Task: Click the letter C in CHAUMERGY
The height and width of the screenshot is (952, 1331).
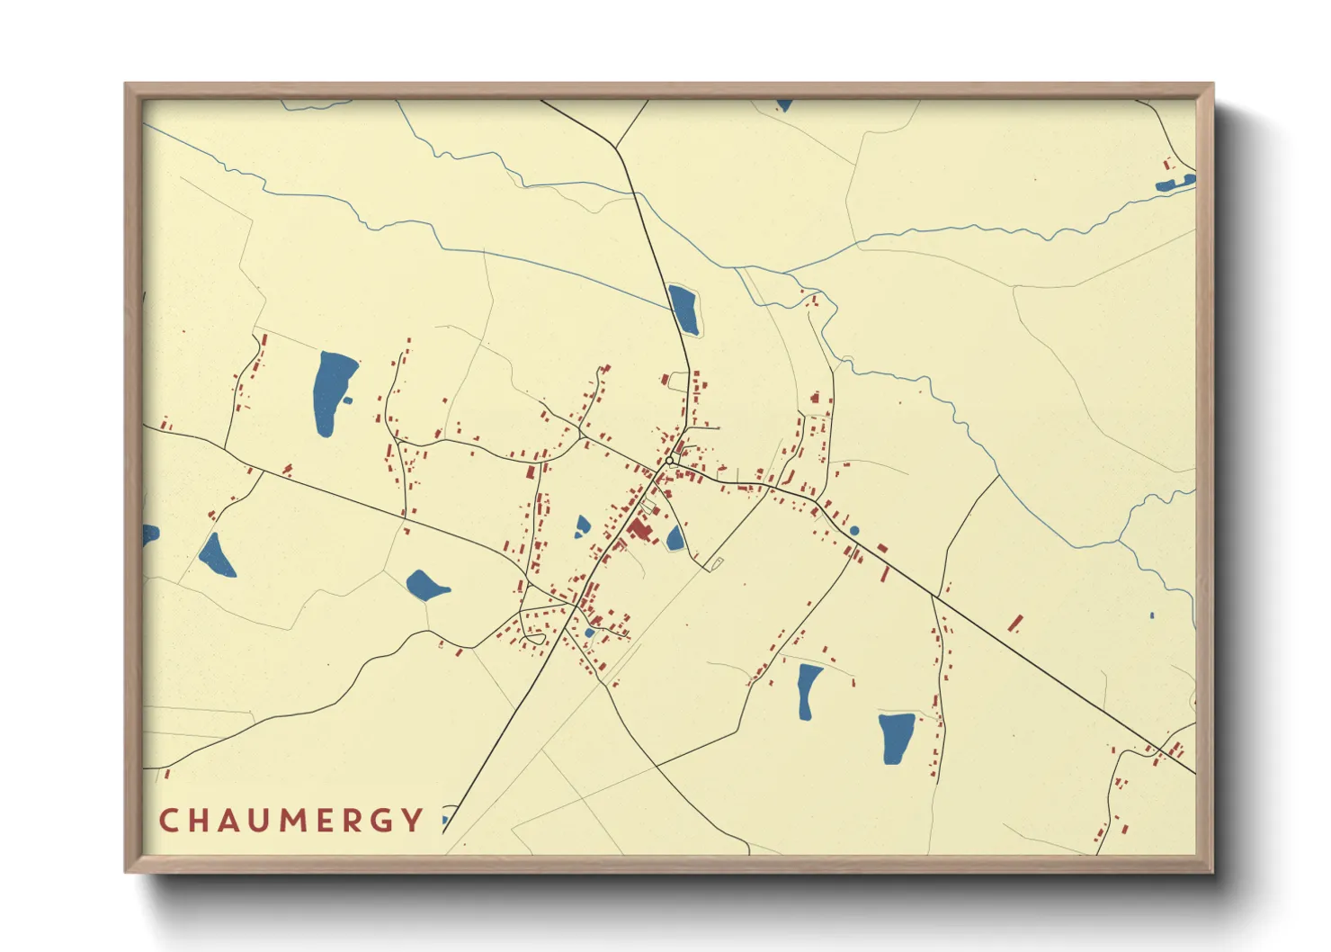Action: tap(168, 821)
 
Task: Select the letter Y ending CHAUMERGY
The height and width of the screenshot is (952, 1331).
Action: tap(413, 821)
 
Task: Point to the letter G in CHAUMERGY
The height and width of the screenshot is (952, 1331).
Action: tap(381, 821)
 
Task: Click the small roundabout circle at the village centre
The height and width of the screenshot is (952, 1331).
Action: tap(670, 461)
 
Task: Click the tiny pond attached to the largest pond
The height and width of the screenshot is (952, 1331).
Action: tap(347, 400)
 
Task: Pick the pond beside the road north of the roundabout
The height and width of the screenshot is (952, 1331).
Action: tap(683, 309)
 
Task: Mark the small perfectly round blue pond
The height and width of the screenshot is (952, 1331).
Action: tap(854, 531)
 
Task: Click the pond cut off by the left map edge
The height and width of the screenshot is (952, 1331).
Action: tap(149, 534)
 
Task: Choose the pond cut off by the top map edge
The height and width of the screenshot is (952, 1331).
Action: tap(784, 105)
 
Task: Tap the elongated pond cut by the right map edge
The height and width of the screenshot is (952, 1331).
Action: tap(1175, 184)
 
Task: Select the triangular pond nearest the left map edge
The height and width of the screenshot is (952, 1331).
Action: tap(216, 557)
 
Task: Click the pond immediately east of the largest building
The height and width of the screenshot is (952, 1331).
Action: tap(674, 539)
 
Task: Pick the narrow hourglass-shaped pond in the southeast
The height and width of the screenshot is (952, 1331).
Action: tap(808, 691)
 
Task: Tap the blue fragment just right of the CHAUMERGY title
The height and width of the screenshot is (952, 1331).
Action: tap(445, 821)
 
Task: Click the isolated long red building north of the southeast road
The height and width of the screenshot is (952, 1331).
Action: tap(1015, 624)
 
